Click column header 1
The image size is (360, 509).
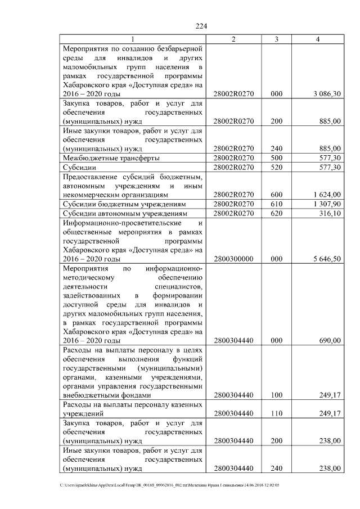(133, 39)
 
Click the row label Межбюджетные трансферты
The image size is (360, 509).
(110, 158)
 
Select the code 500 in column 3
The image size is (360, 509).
(276, 158)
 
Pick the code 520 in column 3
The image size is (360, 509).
(276, 167)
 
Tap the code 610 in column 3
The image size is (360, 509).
(276, 204)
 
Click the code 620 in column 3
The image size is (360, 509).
(276, 213)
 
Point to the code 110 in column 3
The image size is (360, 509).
(276, 413)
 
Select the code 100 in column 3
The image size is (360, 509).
(276, 395)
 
